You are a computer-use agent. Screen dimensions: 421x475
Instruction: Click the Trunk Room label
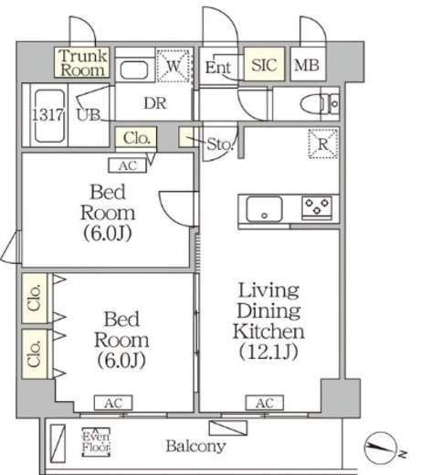pyautogui.click(x=83, y=63)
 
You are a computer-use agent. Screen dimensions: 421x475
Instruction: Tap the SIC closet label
pyautogui.click(x=264, y=64)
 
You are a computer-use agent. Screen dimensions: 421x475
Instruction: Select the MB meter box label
pyautogui.click(x=307, y=65)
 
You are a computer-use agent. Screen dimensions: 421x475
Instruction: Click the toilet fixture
pyautogui.click(x=320, y=104)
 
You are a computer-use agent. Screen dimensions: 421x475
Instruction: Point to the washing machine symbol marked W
pyautogui.click(x=174, y=66)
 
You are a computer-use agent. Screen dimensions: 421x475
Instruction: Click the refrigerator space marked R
pyautogui.click(x=323, y=143)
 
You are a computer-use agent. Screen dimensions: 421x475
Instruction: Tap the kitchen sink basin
pyautogui.click(x=264, y=209)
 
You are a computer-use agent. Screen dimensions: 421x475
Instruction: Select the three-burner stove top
pyautogui.click(x=317, y=208)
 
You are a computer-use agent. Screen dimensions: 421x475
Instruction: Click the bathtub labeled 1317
pyautogui.click(x=48, y=116)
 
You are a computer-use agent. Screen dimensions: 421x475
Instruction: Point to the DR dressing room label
pyautogui.click(x=155, y=103)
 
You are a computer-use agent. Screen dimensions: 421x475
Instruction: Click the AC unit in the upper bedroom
pyautogui.click(x=128, y=165)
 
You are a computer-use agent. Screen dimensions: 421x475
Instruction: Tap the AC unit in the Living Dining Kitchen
pyautogui.click(x=265, y=403)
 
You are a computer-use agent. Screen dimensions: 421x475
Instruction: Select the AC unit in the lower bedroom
pyautogui.click(x=113, y=403)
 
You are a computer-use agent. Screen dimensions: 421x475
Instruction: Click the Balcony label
pyautogui.click(x=195, y=447)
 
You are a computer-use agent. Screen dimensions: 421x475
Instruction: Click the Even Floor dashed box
pyautogui.click(x=96, y=442)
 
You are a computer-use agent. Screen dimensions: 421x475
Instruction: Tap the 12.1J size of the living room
pyautogui.click(x=268, y=352)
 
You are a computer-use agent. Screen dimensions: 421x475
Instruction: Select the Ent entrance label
pyautogui.click(x=218, y=68)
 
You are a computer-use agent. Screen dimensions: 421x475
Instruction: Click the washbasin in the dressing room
pyautogui.click(x=134, y=70)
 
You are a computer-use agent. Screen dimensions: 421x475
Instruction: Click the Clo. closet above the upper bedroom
pyautogui.click(x=136, y=139)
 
